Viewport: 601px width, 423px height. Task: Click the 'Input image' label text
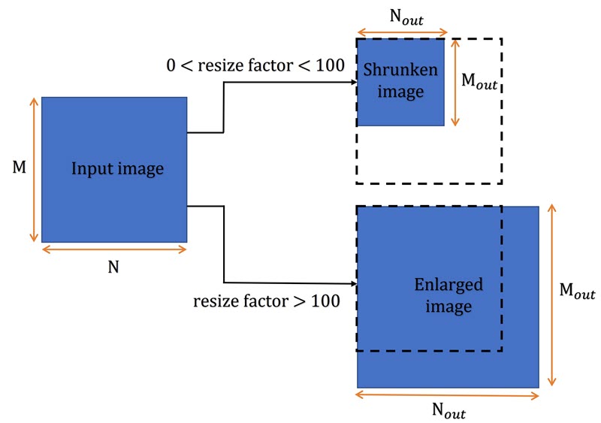click(117, 169)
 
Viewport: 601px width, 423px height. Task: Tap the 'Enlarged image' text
click(448, 296)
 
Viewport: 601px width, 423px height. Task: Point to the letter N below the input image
click(113, 266)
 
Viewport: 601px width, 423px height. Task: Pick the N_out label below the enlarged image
click(448, 410)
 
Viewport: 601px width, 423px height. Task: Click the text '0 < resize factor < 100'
click(255, 66)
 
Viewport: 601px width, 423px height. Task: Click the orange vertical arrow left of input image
click(33, 170)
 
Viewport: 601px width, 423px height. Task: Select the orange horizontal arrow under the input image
click(113, 249)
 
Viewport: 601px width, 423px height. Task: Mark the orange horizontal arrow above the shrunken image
click(402, 33)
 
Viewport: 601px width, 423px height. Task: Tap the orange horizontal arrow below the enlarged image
click(448, 393)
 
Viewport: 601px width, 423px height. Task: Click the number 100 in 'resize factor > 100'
click(325, 302)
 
